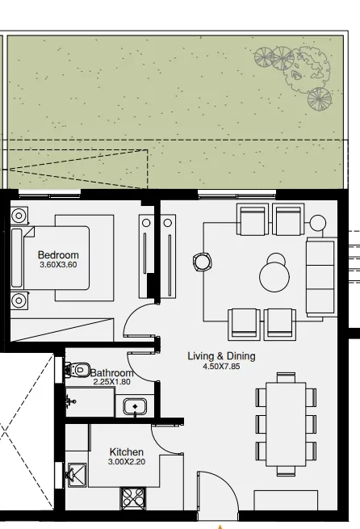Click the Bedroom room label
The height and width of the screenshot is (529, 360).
point(58,255)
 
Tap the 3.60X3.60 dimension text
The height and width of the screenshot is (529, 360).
point(58,265)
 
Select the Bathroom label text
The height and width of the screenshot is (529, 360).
point(111,373)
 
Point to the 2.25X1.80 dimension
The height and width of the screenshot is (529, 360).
point(111,382)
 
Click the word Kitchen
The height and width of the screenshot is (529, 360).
point(127,452)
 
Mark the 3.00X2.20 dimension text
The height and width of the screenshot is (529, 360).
point(127,462)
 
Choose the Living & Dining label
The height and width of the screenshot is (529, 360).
point(221,356)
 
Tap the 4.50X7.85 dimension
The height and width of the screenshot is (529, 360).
point(221,366)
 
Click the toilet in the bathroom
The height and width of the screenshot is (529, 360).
point(79,370)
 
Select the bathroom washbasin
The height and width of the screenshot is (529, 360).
point(134,406)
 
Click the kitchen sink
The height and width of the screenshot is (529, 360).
point(76,474)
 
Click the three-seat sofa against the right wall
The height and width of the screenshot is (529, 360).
point(320,276)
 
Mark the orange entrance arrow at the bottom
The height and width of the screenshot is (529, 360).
point(219,525)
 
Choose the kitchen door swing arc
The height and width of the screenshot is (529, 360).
point(166,439)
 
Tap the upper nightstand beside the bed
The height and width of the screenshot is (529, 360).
point(19,216)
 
